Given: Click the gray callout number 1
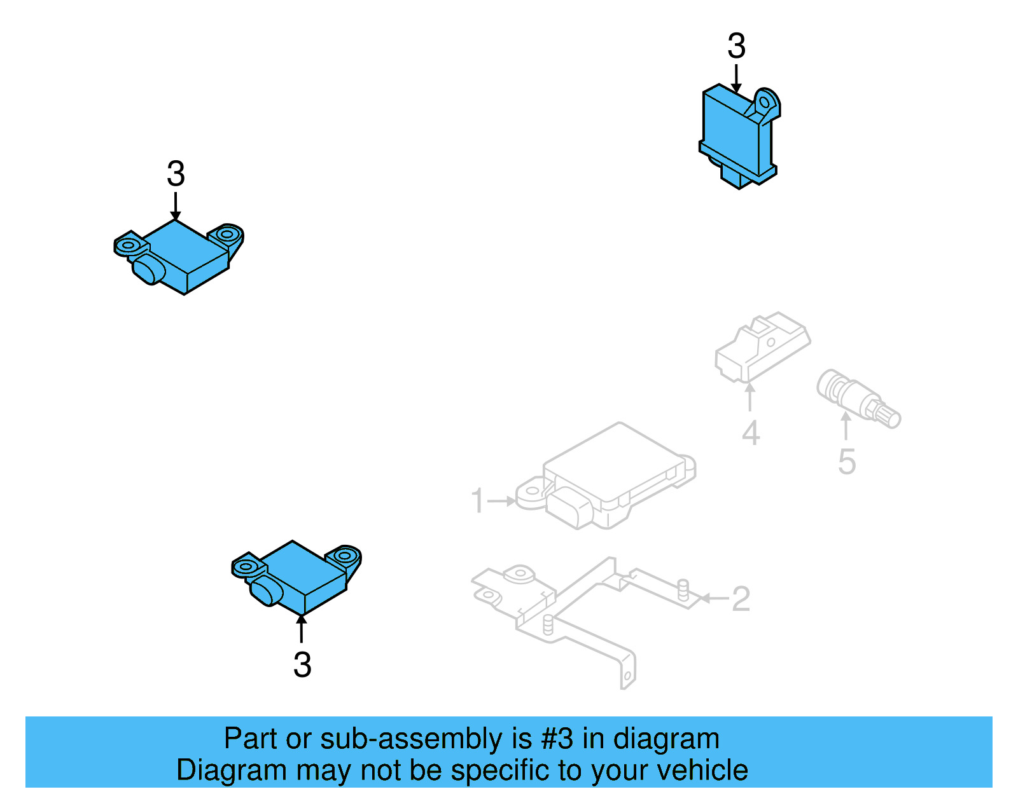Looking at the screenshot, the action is [x=477, y=500].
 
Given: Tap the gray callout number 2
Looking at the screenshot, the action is [x=741, y=599].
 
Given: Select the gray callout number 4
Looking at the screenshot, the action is [x=751, y=434].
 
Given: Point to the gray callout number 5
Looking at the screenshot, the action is [x=847, y=462].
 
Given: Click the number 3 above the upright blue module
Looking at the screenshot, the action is [x=736, y=46].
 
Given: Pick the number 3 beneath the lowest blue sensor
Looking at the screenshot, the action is [x=302, y=665].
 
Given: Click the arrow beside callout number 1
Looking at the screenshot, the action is [x=501, y=501].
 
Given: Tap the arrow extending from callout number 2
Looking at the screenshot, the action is [x=715, y=598].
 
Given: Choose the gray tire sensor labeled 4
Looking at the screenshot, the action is [x=763, y=346].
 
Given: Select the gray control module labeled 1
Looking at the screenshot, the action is [x=605, y=476].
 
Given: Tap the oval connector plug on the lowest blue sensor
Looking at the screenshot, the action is [x=266, y=591].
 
